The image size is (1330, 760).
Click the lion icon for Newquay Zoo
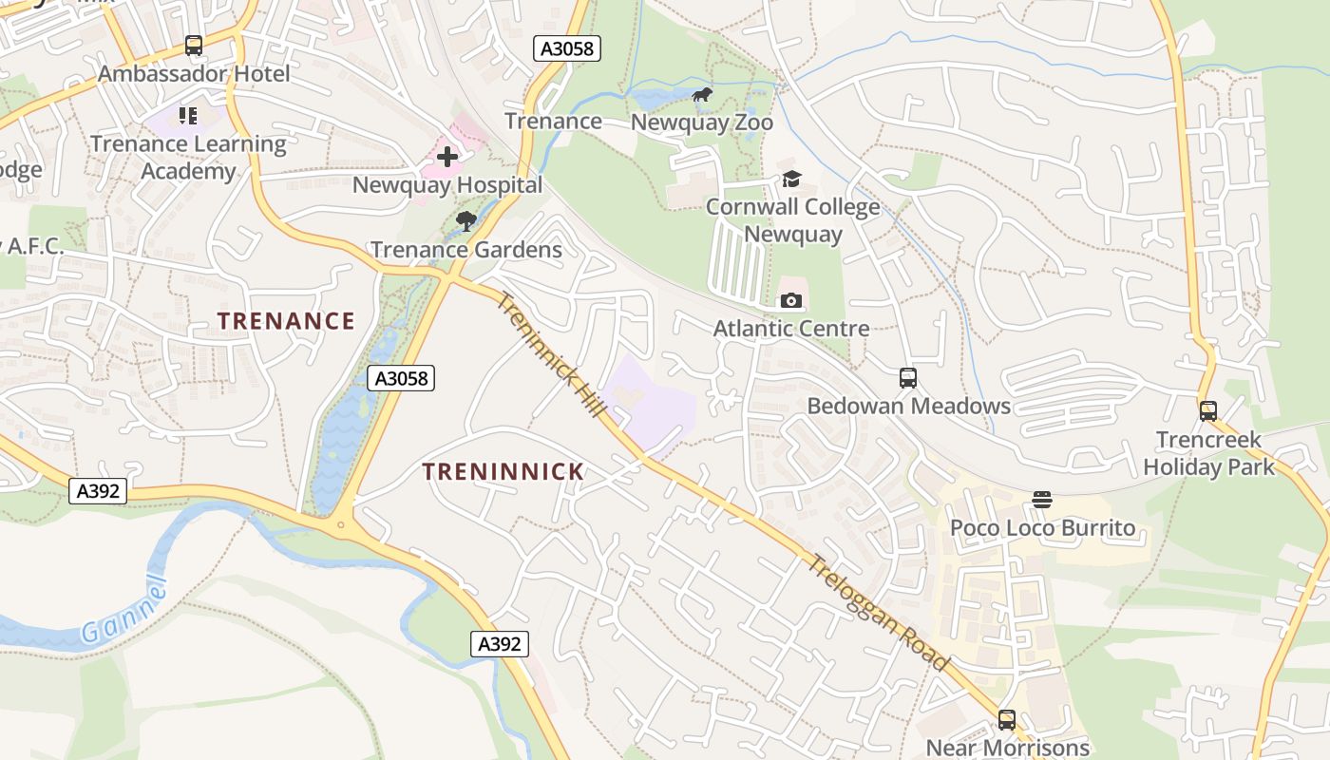(x=702, y=94)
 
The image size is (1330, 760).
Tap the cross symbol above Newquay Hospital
(x=446, y=157)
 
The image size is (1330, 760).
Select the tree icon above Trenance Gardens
(x=465, y=222)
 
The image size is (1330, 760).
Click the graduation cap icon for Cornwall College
(x=791, y=179)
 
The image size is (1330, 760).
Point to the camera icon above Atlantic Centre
(x=790, y=301)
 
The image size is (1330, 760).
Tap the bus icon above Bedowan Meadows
(x=908, y=378)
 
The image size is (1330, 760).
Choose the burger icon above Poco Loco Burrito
(x=1042, y=500)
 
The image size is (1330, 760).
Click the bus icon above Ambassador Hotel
(x=194, y=46)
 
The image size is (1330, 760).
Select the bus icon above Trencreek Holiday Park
(x=1207, y=411)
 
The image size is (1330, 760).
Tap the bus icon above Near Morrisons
(x=1007, y=720)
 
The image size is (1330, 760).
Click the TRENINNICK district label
(x=503, y=471)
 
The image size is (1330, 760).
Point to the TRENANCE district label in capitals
(x=286, y=321)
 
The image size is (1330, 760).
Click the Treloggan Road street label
(x=878, y=612)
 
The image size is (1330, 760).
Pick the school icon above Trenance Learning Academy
(x=188, y=116)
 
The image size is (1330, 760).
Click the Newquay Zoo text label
(x=702, y=123)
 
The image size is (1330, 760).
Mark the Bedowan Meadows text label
(x=908, y=407)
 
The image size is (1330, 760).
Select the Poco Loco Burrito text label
(x=1043, y=528)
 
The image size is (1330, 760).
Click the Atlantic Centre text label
(x=791, y=329)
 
